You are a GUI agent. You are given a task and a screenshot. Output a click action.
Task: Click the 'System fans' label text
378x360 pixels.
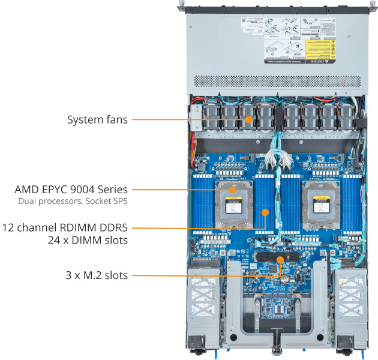[x=97, y=119]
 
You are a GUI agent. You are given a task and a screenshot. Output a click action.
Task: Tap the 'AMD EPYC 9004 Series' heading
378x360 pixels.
[x=71, y=190]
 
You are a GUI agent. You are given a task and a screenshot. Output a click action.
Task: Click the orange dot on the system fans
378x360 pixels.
[x=248, y=119]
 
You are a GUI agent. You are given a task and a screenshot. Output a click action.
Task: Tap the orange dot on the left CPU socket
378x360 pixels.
[x=232, y=190]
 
